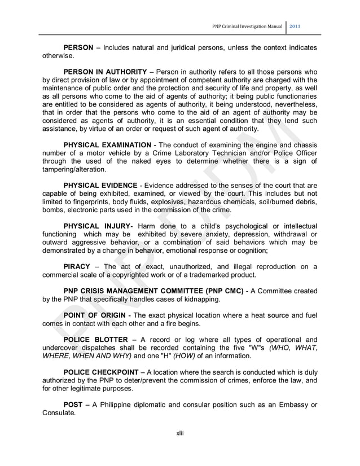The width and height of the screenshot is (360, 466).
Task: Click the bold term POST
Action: (73, 405)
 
